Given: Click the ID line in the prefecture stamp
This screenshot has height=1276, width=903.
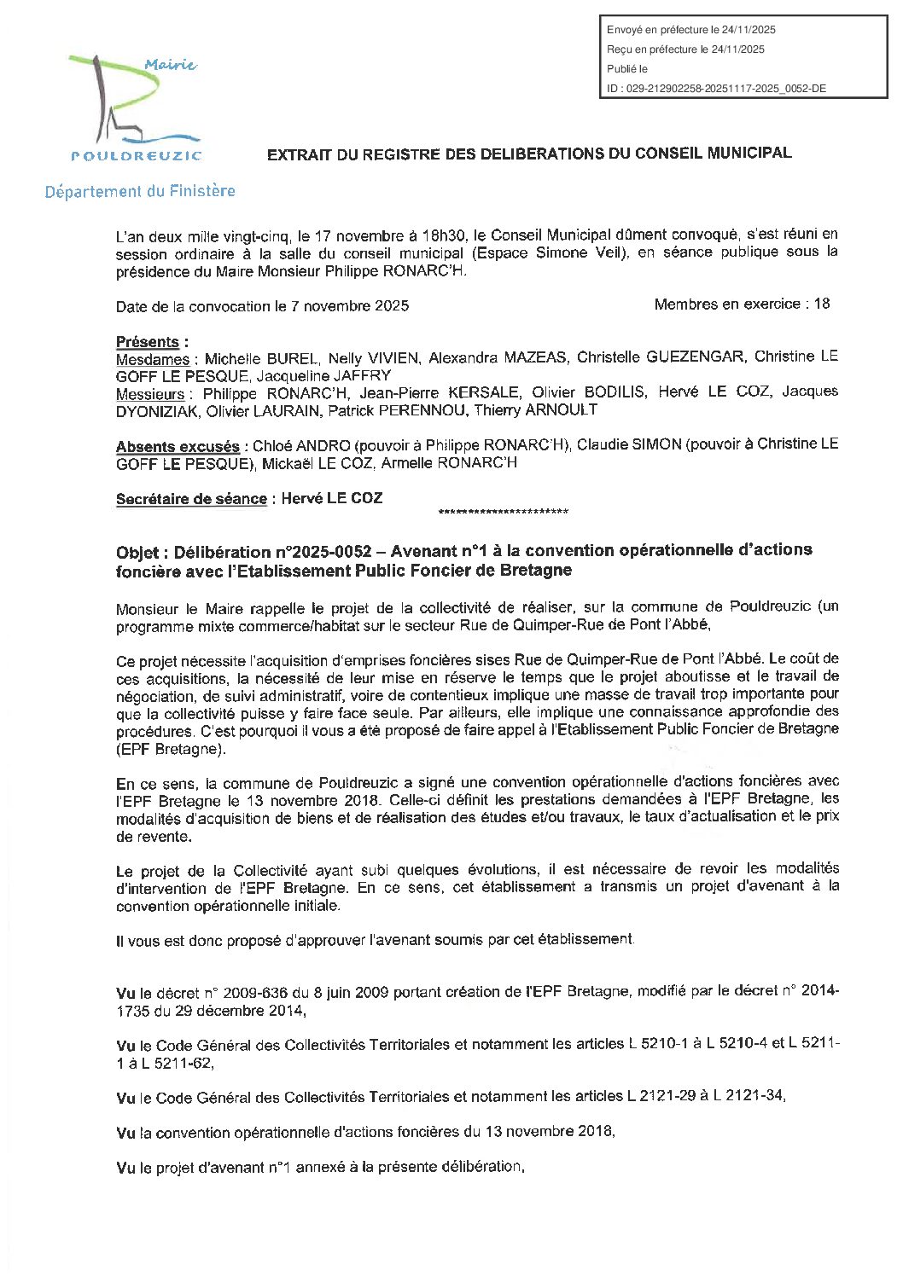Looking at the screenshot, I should click(x=716, y=89).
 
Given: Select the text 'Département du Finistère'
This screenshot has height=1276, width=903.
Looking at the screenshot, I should click(x=140, y=191).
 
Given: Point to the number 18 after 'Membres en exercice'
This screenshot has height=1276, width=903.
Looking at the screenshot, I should click(x=822, y=304).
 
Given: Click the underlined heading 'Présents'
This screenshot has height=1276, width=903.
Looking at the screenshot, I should click(x=148, y=342).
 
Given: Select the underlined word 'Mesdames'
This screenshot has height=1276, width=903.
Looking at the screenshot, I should click(x=153, y=359).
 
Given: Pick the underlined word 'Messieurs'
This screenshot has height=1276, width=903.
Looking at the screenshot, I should click(x=150, y=394).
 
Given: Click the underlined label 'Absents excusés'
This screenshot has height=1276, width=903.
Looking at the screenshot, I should click(x=178, y=447).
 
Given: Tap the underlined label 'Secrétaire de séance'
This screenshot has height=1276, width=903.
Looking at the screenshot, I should click(x=191, y=499).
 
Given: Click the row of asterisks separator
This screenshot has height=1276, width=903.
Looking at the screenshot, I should click(x=503, y=513).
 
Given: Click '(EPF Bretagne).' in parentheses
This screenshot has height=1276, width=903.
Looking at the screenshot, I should click(x=172, y=749).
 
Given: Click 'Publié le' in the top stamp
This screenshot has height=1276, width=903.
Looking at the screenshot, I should click(x=627, y=69).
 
